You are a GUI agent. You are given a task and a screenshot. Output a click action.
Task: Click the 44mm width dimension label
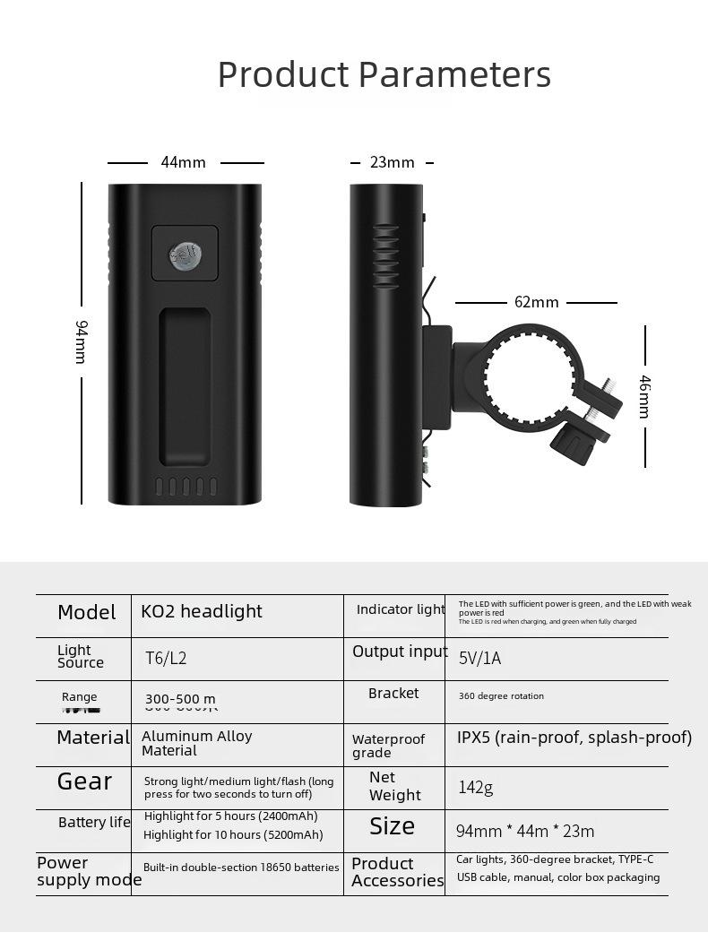[x=184, y=162]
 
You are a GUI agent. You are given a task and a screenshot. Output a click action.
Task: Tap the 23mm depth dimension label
[x=393, y=162]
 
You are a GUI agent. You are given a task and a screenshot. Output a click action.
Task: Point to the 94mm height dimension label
[x=80, y=341]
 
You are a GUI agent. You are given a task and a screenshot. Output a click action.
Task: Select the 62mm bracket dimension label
[x=536, y=302]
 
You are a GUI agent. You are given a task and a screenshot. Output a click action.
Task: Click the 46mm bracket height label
[x=644, y=396]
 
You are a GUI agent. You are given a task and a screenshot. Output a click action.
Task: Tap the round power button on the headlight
[x=185, y=255]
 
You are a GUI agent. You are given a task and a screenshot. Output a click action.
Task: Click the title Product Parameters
[x=384, y=74]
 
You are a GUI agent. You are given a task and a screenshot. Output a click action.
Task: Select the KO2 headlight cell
[x=202, y=611]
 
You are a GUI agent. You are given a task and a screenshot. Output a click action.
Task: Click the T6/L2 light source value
[x=166, y=659]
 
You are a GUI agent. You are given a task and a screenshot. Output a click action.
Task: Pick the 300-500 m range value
[x=180, y=699]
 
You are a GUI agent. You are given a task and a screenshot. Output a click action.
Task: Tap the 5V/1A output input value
[x=479, y=659]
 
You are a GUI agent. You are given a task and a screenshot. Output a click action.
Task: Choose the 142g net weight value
[x=475, y=788]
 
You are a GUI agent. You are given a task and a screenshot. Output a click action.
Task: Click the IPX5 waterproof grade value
[x=574, y=738]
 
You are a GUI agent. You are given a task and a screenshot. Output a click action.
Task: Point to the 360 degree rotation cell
[x=501, y=696]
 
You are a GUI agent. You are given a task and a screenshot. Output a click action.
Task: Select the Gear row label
[x=84, y=781]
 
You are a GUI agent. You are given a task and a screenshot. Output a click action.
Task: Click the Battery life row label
[x=94, y=823]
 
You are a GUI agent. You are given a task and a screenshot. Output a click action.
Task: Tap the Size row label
[x=392, y=826]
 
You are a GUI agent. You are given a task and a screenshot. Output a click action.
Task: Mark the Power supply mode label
[x=89, y=871]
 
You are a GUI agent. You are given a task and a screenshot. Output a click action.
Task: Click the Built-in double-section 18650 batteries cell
[x=241, y=868]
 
